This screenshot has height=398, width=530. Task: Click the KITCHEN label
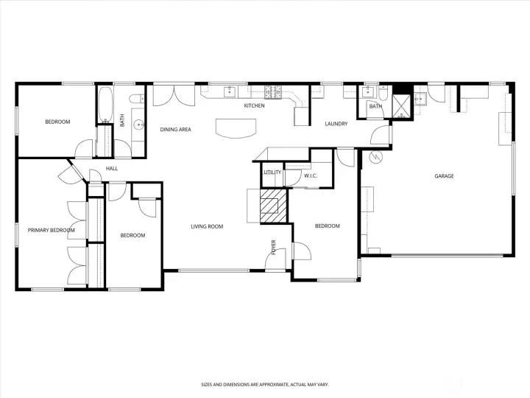pyautogui.click(x=254, y=105)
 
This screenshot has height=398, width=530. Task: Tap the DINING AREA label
pyautogui.click(x=175, y=129)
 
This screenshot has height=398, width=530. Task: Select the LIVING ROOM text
pyautogui.click(x=207, y=226)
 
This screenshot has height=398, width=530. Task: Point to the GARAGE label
pyautogui.click(x=444, y=176)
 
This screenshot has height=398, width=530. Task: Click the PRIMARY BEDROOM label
pyautogui.click(x=52, y=230)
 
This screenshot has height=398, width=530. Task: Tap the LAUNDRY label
pyautogui.click(x=336, y=124)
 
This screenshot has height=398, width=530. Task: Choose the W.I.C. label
pyautogui.click(x=311, y=175)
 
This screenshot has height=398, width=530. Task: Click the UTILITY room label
pyautogui.click(x=272, y=172)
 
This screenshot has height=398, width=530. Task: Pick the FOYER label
pyautogui.click(x=273, y=248)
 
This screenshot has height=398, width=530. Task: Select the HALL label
pyautogui.click(x=112, y=168)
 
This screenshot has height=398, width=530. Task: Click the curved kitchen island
pyautogui.click(x=236, y=128)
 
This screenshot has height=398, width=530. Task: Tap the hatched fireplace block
pyautogui.click(x=273, y=206)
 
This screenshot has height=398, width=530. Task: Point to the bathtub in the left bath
pyautogui.click(x=106, y=105)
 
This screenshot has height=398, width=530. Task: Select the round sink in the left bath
pyautogui.click(x=139, y=125)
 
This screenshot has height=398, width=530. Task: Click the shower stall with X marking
pyautogui.click(x=402, y=106)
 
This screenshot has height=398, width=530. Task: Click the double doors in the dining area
pyautogui.click(x=174, y=95)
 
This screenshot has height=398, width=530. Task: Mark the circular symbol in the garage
pyautogui.click(x=375, y=157)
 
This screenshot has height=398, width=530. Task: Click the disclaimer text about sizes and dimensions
pyautogui.click(x=265, y=385)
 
